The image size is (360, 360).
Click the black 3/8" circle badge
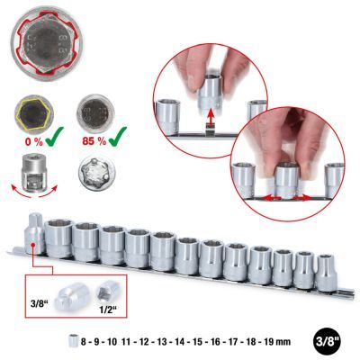[328, 341]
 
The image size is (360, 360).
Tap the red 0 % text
[33, 141]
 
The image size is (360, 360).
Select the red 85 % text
[94, 141]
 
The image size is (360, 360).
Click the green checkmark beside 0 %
[54, 137]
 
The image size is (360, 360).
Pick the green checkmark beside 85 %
[118, 137]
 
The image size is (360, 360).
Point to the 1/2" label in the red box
[108, 310]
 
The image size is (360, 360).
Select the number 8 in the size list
[84, 341]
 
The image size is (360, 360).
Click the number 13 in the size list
[163, 341]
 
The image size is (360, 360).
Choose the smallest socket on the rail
[326, 273]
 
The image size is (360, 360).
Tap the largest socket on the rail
[58, 238]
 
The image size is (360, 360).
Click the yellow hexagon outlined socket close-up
[33, 113]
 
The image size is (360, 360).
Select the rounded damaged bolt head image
[97, 172]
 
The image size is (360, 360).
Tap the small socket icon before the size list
[74, 341]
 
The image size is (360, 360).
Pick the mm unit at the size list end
[284, 342]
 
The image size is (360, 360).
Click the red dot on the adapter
[32, 245]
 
